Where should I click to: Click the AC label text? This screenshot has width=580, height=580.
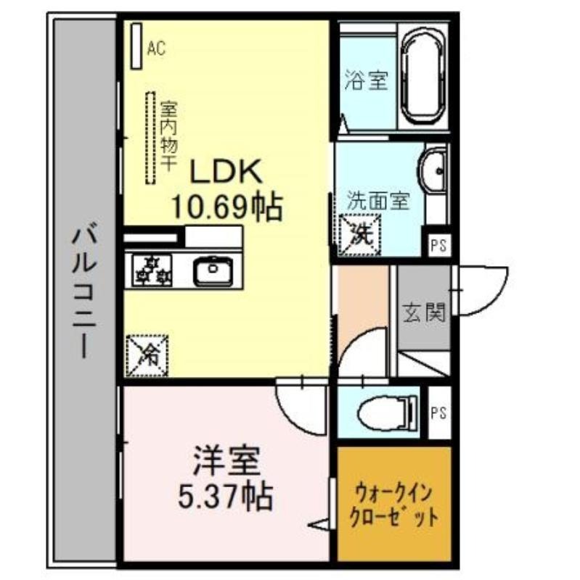156,48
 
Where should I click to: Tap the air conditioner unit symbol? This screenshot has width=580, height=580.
136,46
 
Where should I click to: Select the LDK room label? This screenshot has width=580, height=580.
226,171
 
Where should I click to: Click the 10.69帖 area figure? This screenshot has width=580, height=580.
227,207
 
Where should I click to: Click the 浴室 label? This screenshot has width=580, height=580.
367,80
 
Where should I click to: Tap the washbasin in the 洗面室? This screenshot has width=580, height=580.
433,171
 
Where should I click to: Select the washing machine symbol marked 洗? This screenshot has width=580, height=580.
360,235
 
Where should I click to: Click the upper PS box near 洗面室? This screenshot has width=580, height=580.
439,245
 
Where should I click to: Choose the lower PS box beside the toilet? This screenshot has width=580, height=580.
439,413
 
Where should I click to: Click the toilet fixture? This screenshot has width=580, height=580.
388,413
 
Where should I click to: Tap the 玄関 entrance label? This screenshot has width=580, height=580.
424,312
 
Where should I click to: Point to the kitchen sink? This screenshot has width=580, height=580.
213,269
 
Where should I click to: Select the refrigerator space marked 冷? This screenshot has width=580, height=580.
147,356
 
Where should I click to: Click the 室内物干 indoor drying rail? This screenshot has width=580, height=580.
150,138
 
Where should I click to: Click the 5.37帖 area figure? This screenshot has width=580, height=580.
226,496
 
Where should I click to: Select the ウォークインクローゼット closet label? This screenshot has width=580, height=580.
394,505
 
